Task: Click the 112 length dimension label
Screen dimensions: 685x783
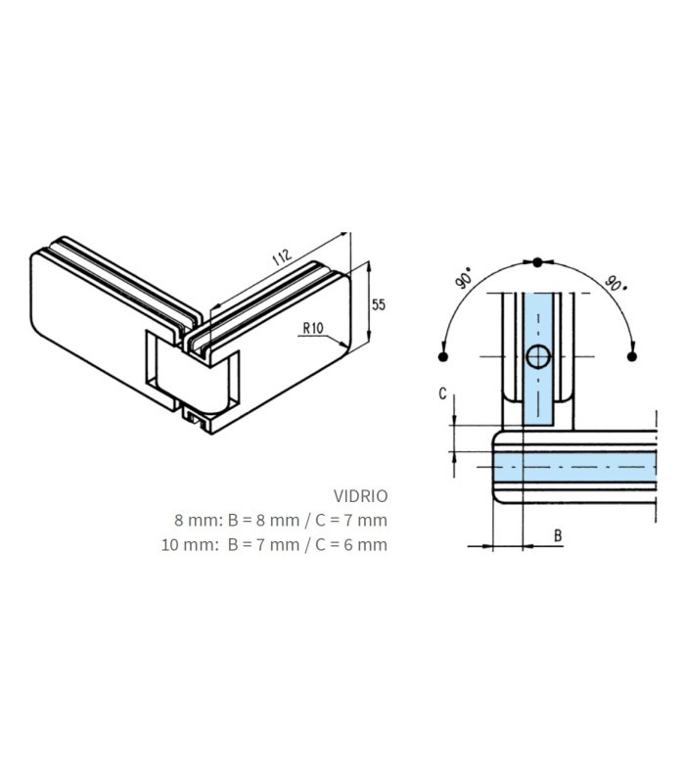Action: click(282, 256)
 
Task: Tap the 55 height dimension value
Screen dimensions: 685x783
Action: click(379, 304)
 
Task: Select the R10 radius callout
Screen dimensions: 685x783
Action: click(313, 328)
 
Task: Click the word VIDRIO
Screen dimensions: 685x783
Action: click(361, 496)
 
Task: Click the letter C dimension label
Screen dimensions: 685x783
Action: click(442, 394)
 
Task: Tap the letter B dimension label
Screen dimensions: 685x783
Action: click(558, 535)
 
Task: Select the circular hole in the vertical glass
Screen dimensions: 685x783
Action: click(538, 356)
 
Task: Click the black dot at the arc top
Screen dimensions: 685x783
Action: click(537, 262)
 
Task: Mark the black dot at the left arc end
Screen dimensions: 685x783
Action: click(442, 356)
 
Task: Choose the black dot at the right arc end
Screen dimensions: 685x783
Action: click(632, 356)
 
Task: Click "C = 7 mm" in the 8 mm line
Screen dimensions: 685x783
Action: click(351, 521)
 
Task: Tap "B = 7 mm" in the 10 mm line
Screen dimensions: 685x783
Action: click(263, 544)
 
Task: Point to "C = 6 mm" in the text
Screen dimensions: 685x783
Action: click(351, 544)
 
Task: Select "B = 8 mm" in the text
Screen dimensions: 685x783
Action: click(263, 521)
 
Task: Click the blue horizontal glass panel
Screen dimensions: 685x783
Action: click(574, 467)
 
